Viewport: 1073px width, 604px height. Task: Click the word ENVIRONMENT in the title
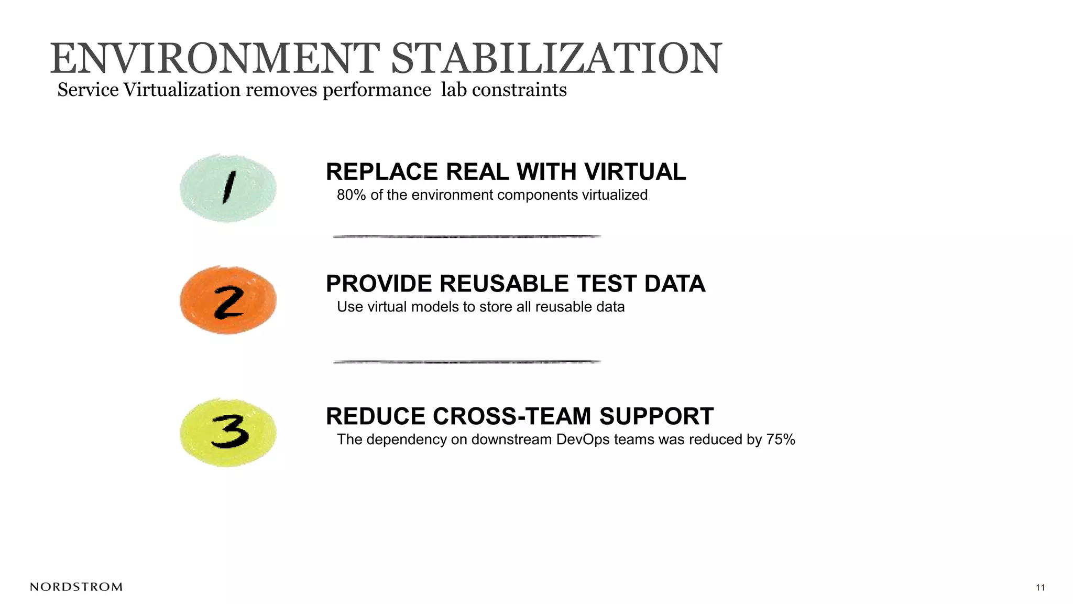click(215, 59)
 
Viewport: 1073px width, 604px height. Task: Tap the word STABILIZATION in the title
click(556, 59)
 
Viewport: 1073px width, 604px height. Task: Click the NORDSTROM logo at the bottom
click(76, 587)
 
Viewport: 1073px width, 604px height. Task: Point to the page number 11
click(1040, 588)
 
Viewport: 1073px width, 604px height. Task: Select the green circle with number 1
click(228, 188)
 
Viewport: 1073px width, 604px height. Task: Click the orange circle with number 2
click(228, 300)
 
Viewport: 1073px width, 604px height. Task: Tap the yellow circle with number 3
click(228, 433)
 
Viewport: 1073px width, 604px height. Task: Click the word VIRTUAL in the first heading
click(635, 172)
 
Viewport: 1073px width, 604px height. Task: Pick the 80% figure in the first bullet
click(351, 195)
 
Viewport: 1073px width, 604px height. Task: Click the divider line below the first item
click(466, 236)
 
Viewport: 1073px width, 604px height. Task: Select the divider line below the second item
click(466, 362)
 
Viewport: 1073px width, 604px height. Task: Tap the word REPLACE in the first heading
click(382, 172)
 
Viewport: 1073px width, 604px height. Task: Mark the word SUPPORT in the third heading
click(656, 416)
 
